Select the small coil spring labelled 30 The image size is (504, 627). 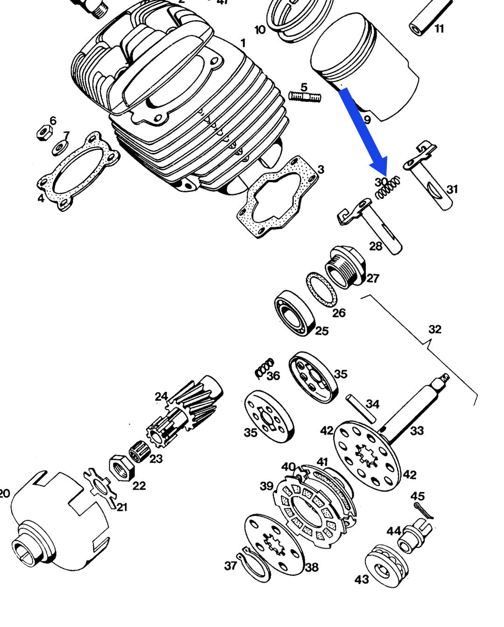pyautogui.click(x=388, y=188)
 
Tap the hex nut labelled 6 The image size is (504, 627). pyautogui.click(x=43, y=134)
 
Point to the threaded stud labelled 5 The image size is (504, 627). pyautogui.click(x=305, y=97)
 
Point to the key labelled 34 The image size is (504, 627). pyautogui.click(x=362, y=408)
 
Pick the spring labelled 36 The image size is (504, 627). pyautogui.click(x=265, y=367)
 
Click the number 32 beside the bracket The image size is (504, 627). pyautogui.click(x=434, y=329)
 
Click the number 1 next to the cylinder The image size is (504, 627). pyautogui.click(x=243, y=43)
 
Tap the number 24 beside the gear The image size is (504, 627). pyautogui.click(x=161, y=396)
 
